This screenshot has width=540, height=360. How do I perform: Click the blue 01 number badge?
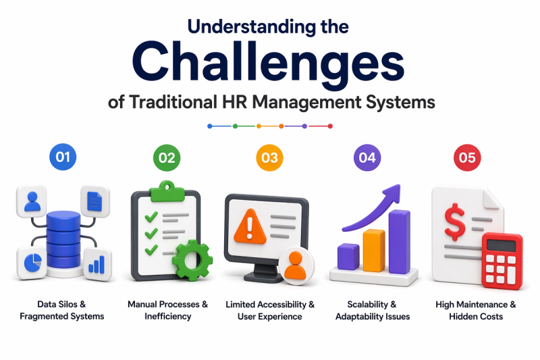[x=63, y=157]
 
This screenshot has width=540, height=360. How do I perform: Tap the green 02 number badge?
[x=167, y=158]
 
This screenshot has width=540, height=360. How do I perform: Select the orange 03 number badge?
[x=269, y=158]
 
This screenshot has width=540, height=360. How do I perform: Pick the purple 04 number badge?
[x=367, y=158]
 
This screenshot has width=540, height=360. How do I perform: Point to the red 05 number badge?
[x=467, y=158]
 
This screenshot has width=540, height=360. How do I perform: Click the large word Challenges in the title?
[x=268, y=65]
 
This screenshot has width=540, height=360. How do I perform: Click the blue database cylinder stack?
[x=63, y=240]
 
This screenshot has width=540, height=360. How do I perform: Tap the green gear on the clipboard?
[x=192, y=261]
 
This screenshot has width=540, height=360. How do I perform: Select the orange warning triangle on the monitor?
[x=250, y=226]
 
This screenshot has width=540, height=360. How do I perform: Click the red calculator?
[x=502, y=261]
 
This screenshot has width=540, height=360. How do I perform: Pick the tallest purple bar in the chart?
[x=400, y=242]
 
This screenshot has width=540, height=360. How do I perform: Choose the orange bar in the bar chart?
[x=374, y=251]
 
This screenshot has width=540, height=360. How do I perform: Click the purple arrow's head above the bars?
[x=393, y=193]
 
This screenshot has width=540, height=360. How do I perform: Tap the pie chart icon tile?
[x=32, y=263]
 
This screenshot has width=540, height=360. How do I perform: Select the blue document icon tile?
[x=95, y=201]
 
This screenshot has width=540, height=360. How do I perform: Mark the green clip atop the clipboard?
[x=167, y=191]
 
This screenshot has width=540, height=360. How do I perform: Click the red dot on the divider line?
[x=330, y=126]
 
